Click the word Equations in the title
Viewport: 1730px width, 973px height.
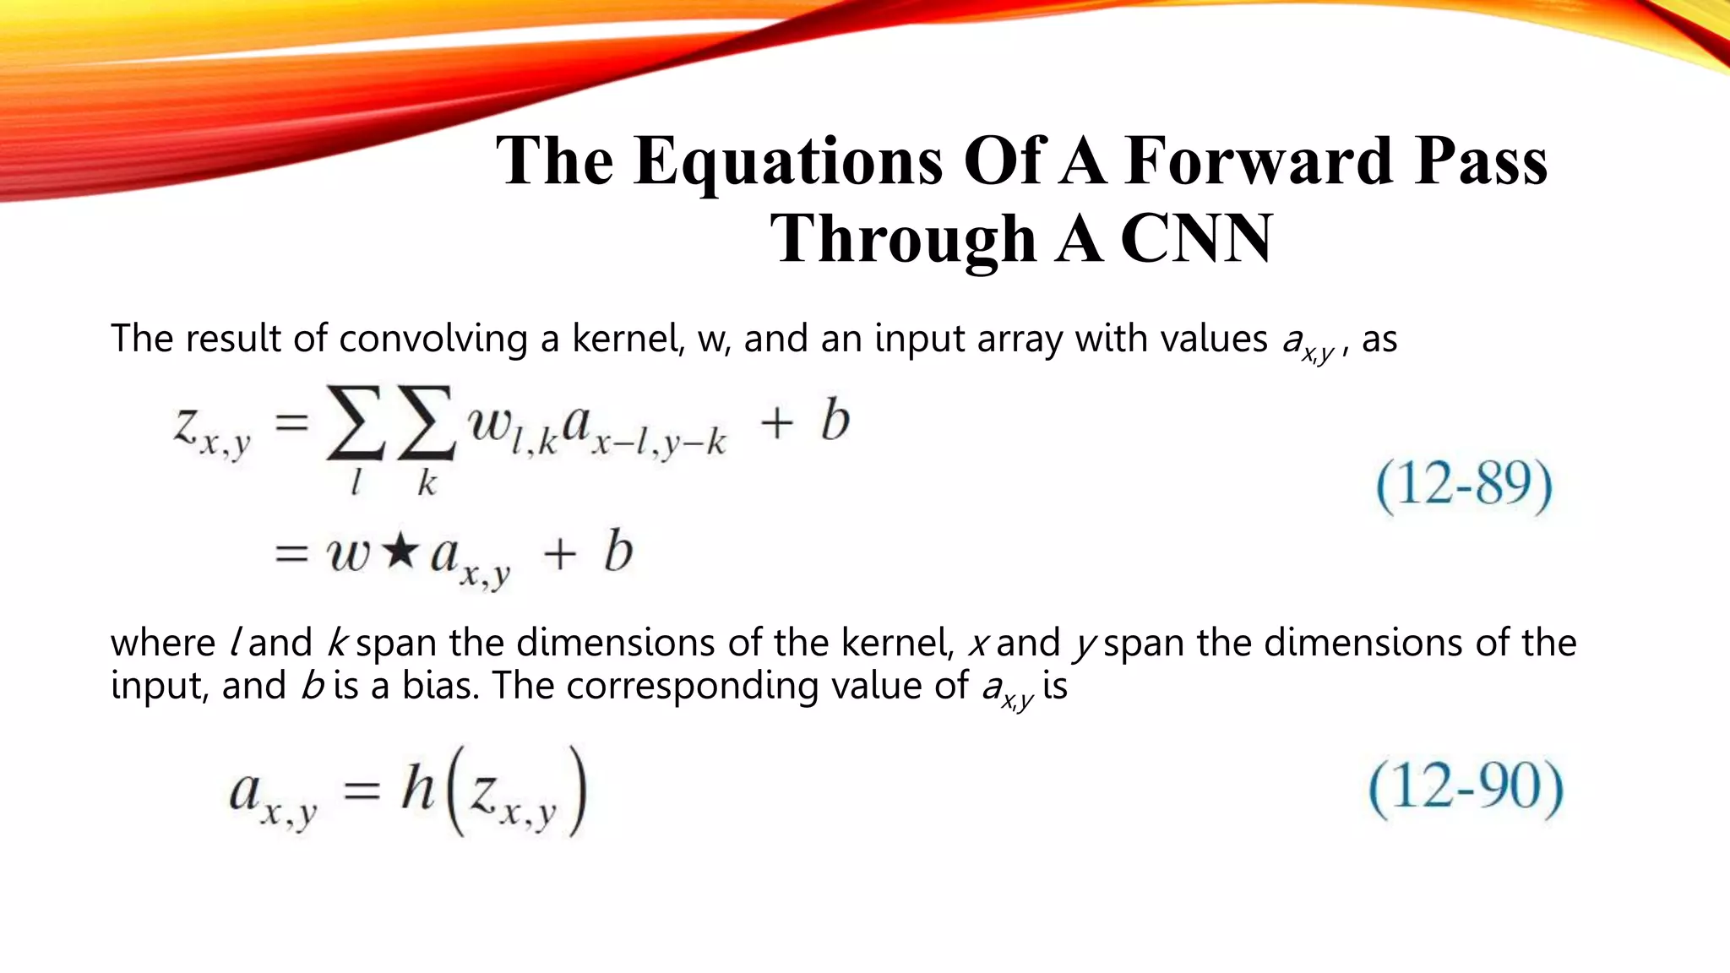point(787,162)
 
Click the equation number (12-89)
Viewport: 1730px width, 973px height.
point(1464,485)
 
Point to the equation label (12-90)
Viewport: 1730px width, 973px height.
point(1466,788)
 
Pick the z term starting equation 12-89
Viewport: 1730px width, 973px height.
point(211,429)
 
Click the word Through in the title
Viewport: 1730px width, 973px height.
point(903,239)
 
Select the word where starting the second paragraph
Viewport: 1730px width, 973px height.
point(163,644)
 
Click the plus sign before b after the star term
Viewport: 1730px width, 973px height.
point(559,555)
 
